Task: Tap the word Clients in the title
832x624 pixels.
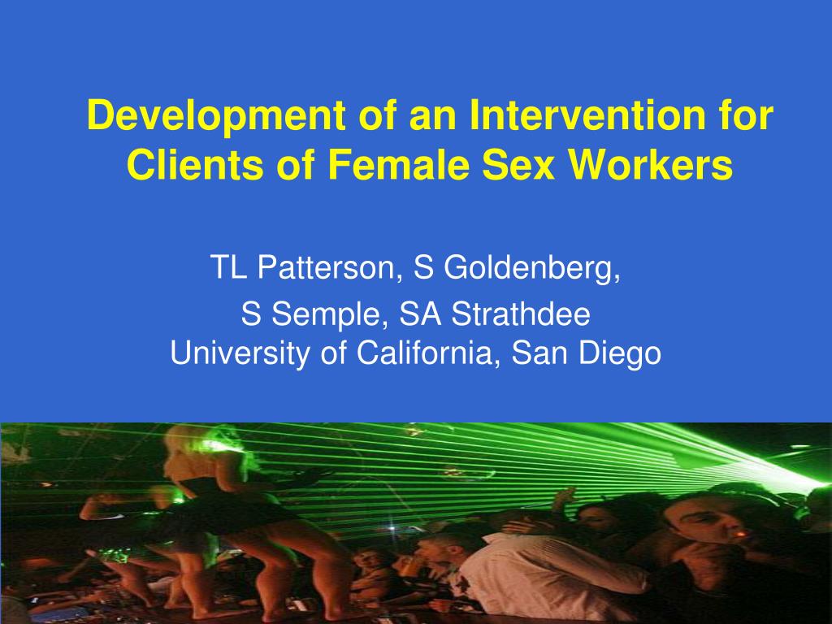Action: [x=195, y=164]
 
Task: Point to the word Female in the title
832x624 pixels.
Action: [x=398, y=164]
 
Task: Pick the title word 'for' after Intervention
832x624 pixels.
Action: [x=746, y=115]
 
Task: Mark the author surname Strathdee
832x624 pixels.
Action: [x=521, y=314]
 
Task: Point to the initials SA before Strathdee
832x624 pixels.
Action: [x=420, y=314]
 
